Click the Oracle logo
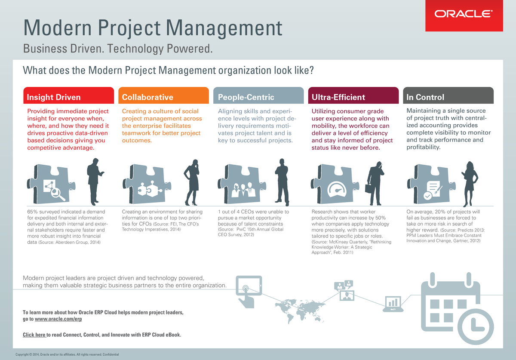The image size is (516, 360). [x=464, y=15]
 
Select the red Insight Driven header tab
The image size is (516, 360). [x=68, y=97]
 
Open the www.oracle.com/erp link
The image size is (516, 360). [x=58, y=319]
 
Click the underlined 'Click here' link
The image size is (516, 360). [x=34, y=335]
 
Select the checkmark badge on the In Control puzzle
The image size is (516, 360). [x=428, y=195]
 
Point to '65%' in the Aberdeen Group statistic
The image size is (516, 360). [x=33, y=212]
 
